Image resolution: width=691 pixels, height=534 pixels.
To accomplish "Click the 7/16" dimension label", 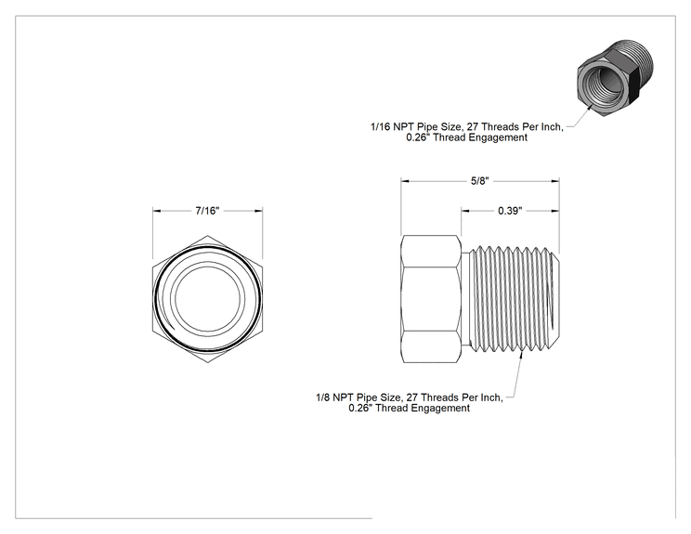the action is point(207,211).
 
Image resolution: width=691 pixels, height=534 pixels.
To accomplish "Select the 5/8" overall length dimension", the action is point(480,181).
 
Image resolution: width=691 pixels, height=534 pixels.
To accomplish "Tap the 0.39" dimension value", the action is point(510,211).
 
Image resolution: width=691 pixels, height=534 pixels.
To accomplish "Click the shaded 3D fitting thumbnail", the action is point(616,77).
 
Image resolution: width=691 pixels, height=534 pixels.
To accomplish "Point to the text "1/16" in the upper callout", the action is point(380,127).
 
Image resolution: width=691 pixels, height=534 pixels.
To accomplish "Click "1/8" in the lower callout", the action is point(323,397).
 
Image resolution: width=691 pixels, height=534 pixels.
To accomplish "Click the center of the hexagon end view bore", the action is point(207,299).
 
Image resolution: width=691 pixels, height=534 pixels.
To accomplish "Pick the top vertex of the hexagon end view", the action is point(207,236).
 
